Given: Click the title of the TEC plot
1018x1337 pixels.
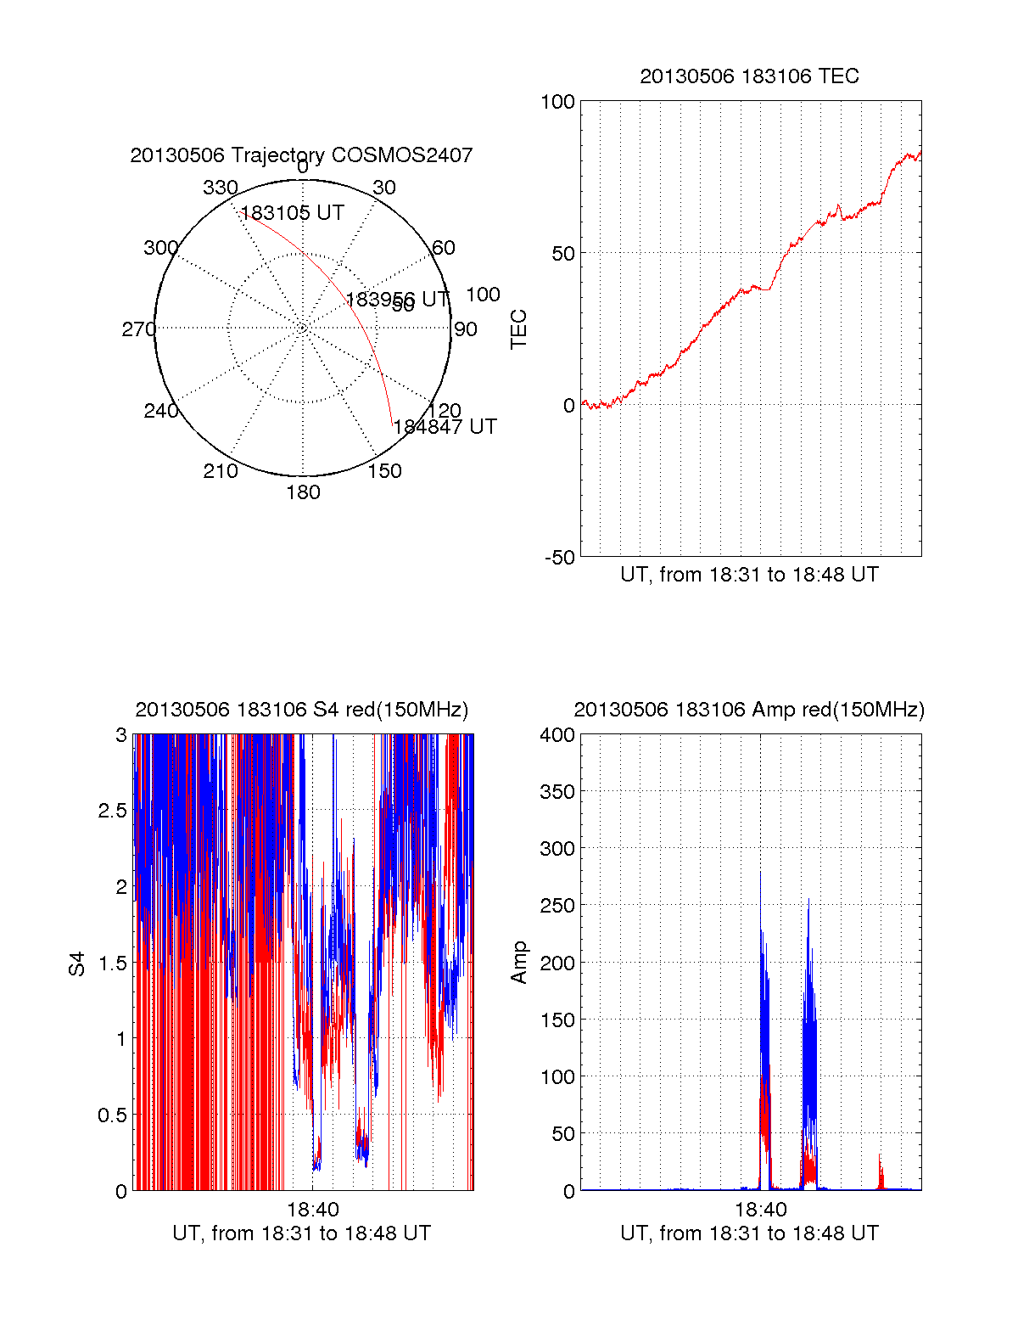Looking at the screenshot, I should pyautogui.click(x=749, y=76).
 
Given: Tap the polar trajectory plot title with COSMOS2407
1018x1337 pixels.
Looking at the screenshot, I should pyautogui.click(x=301, y=155).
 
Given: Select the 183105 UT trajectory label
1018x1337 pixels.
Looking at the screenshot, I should pyautogui.click(x=293, y=213).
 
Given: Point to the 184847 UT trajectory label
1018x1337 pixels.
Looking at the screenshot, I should pyautogui.click(x=445, y=427).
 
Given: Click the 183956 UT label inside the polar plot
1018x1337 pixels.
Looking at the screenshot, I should pyautogui.click(x=397, y=300).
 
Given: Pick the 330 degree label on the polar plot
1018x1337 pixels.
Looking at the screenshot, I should pyautogui.click(x=220, y=188).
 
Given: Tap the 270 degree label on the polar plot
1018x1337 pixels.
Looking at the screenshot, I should pyautogui.click(x=138, y=329).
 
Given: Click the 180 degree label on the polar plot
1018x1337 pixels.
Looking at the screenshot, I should pyautogui.click(x=303, y=492).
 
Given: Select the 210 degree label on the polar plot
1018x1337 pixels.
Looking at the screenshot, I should pyautogui.click(x=220, y=471).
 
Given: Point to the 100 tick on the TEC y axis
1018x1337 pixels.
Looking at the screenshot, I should pyautogui.click(x=557, y=102).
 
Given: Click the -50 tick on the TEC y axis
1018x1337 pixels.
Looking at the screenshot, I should pyautogui.click(x=559, y=558).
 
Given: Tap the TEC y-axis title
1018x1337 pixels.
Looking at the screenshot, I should pyautogui.click(x=518, y=329).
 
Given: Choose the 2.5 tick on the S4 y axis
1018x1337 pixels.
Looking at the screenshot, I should pyautogui.click(x=113, y=811).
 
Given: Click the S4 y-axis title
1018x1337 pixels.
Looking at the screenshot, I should pyautogui.click(x=77, y=963).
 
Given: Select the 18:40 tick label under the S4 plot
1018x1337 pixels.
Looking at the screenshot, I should pyautogui.click(x=313, y=1210).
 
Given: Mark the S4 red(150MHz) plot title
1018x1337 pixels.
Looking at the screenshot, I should pyautogui.click(x=301, y=710).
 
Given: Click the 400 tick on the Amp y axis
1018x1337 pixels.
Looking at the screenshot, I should pyautogui.click(x=557, y=735).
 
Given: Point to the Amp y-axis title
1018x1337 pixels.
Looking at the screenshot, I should pyautogui.click(x=518, y=963).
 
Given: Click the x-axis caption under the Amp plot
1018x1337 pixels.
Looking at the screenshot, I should pyautogui.click(x=749, y=1233).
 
